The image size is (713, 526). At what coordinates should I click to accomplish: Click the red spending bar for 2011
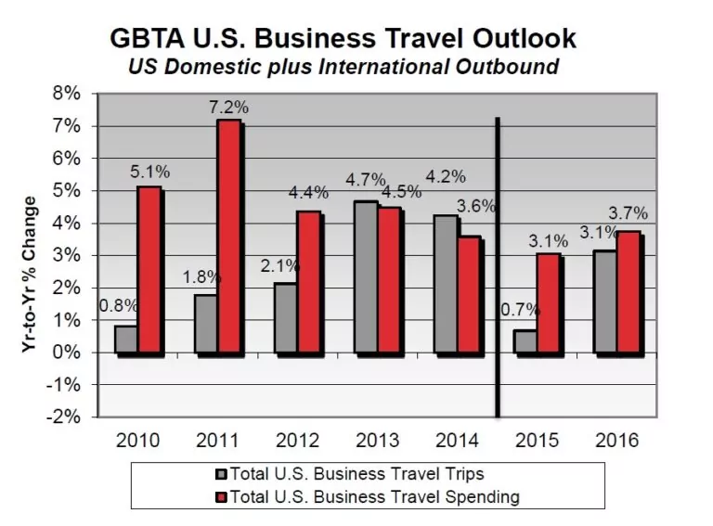[x=229, y=237]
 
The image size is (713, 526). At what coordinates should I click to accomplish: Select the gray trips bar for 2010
[x=125, y=340]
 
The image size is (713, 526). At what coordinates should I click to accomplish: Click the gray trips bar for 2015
[x=525, y=341]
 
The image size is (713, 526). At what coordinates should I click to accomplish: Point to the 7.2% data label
[x=228, y=109]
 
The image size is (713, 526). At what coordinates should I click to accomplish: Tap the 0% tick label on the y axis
[x=71, y=353]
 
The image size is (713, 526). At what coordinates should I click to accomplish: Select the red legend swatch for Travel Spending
[x=219, y=498]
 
